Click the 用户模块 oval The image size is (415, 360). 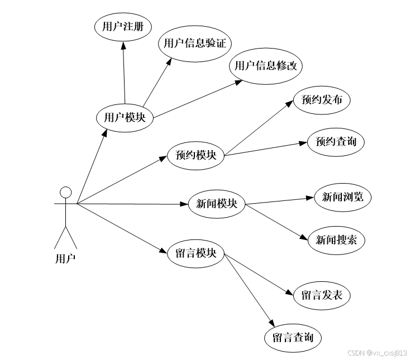click(x=125, y=117)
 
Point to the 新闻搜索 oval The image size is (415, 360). click(x=336, y=240)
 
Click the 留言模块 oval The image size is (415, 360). click(x=195, y=253)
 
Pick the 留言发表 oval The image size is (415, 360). click(x=322, y=295)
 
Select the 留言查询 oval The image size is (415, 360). click(x=293, y=337)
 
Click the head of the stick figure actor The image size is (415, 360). click(x=66, y=193)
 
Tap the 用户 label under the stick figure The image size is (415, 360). click(x=65, y=258)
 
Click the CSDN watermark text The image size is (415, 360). click(x=377, y=353)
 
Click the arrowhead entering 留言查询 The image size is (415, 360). click(x=272, y=324)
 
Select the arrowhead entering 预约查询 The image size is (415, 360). click(x=304, y=143)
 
